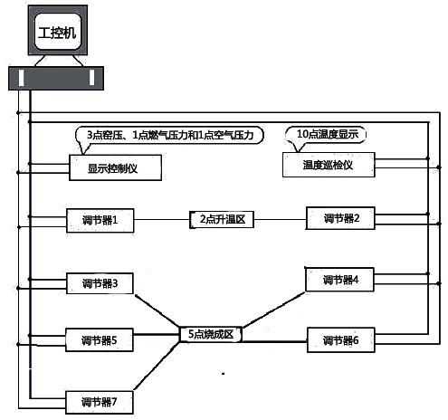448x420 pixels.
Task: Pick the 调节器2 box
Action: (x=340, y=217)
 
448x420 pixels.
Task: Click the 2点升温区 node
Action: (x=222, y=219)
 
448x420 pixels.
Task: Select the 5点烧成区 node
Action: (x=210, y=334)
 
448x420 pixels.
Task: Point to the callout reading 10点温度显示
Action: (x=328, y=134)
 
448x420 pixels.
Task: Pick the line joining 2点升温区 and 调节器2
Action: (x=281, y=219)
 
